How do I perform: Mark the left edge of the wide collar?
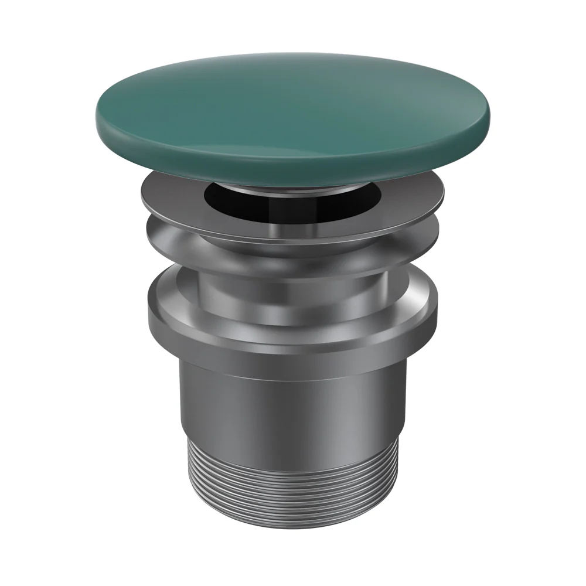[149, 311]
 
